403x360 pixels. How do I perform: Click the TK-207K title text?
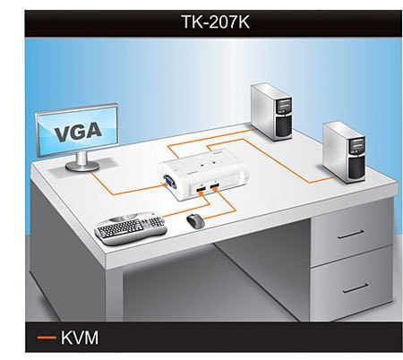216,22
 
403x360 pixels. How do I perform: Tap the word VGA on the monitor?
78,132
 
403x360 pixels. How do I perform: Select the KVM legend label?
80,338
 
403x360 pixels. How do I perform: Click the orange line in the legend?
47,338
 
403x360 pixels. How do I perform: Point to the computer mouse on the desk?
195,221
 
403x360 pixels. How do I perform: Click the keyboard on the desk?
131,228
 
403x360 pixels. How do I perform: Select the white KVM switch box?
203,176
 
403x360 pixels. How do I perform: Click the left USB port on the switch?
201,189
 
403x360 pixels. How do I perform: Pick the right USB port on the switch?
214,186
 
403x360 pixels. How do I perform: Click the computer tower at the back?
271,111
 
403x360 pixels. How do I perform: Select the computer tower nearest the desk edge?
345,152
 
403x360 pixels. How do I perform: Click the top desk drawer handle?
351,235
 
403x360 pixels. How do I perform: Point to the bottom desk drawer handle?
356,288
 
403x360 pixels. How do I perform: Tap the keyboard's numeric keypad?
156,221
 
